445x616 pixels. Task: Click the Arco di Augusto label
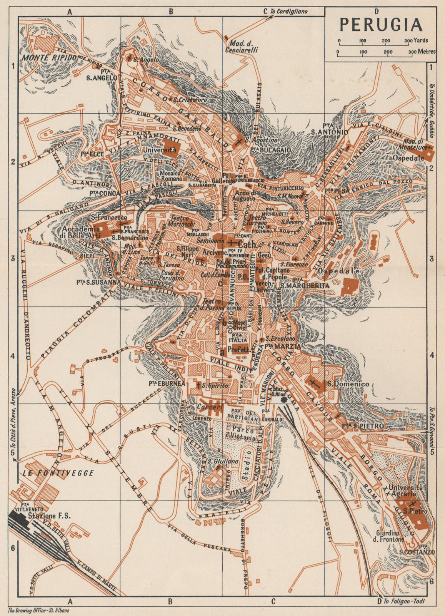(243, 196)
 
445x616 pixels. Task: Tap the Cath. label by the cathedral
(247, 244)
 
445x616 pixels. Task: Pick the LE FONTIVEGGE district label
(58, 473)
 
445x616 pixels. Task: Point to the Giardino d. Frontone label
(390, 536)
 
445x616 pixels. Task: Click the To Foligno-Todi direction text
(405, 601)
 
